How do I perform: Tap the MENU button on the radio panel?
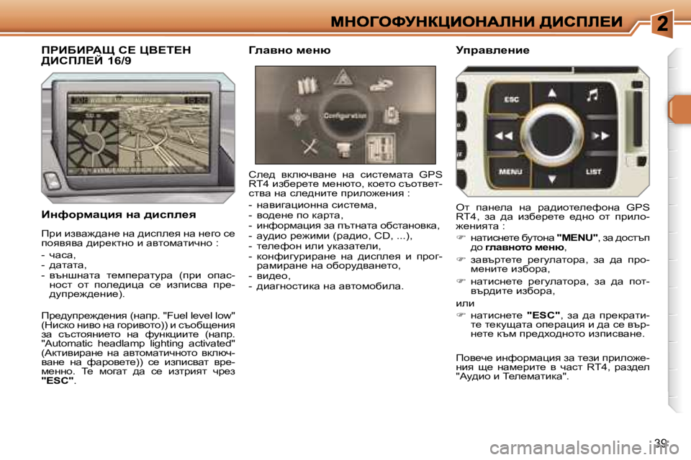[510, 172]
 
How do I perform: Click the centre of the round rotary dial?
[552, 135]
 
